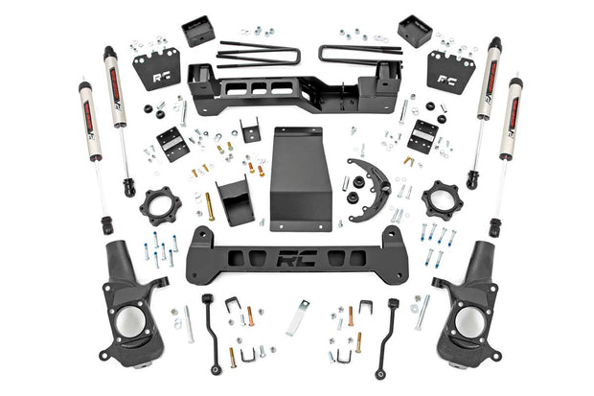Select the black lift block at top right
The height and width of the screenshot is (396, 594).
414,31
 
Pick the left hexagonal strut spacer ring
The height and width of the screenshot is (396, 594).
159,206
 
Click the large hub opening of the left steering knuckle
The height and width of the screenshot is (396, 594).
129,322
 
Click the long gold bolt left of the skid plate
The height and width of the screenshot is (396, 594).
210,205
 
